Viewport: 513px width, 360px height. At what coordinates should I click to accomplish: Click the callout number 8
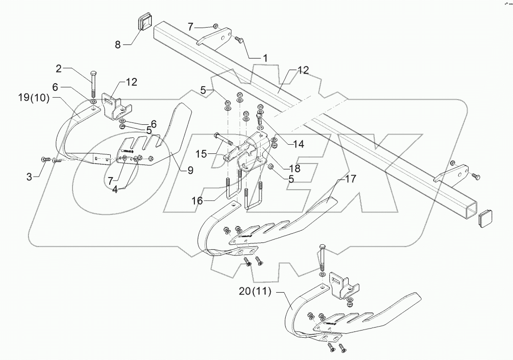(x=118, y=45)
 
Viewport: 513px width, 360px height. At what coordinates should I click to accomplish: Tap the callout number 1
(x=264, y=58)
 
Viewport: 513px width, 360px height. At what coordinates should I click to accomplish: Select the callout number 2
(x=59, y=69)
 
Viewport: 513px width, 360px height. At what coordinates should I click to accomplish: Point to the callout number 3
(x=29, y=178)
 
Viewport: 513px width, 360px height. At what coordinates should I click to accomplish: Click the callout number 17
(x=351, y=179)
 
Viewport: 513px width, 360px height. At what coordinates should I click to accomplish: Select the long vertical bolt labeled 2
(x=92, y=84)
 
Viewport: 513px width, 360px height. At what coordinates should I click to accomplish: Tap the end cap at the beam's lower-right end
(x=486, y=218)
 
